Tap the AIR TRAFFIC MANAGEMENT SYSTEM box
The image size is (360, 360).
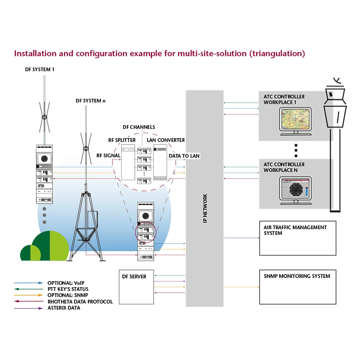297,238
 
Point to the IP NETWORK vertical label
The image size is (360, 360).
205,208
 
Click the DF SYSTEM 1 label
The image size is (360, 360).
40,70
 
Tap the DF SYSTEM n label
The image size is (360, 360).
91,101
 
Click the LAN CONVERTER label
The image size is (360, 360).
166,140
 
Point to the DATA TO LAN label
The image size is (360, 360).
184,156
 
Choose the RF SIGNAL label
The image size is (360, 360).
108,156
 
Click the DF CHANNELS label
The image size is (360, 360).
139,127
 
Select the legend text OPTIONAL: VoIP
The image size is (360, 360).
66,283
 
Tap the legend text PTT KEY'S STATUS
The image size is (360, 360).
68,289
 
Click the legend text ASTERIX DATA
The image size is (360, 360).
64,308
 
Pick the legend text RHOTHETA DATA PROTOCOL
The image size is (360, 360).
80,302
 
